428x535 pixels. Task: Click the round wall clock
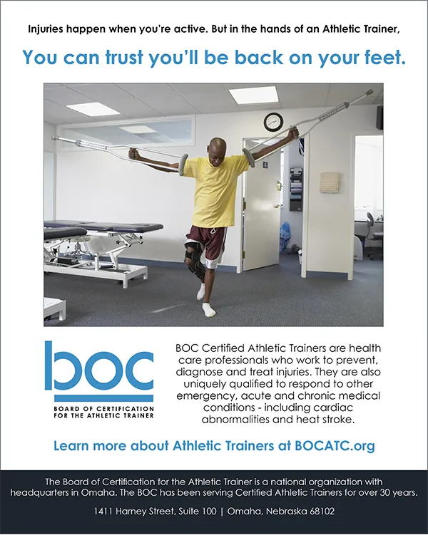(x=273, y=122)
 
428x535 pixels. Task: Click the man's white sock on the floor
(x=209, y=308)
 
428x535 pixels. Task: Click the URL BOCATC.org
(x=335, y=446)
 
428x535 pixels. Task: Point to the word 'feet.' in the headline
(x=385, y=58)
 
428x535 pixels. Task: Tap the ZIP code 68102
(x=322, y=511)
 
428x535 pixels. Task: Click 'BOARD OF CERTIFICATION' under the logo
(x=104, y=409)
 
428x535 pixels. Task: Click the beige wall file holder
(x=330, y=182)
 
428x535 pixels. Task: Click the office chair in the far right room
(x=374, y=235)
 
